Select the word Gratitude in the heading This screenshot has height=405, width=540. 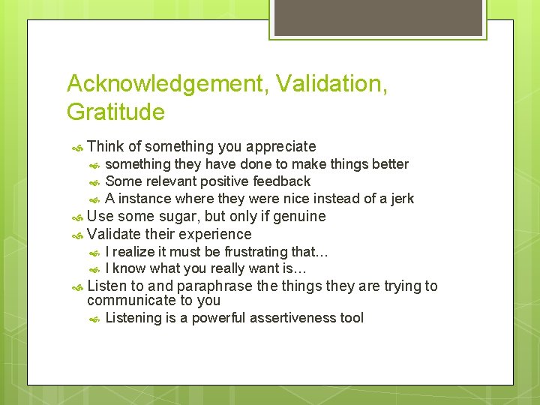(115, 112)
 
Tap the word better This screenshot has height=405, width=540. (388, 164)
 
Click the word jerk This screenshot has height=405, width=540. (400, 199)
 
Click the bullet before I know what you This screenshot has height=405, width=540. (94, 269)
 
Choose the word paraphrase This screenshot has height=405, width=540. (213, 286)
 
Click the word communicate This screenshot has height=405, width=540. (130, 301)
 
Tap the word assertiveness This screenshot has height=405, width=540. (289, 318)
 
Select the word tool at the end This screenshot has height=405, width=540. (352, 318)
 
